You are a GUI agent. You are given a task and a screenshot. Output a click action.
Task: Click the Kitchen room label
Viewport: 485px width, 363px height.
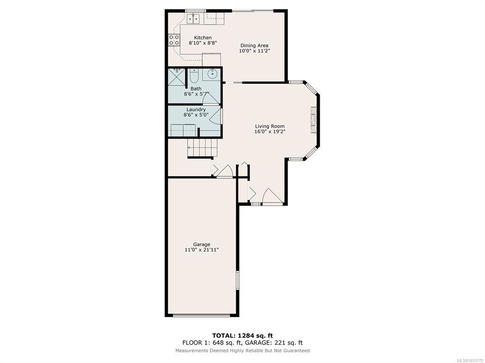[x=203, y=38]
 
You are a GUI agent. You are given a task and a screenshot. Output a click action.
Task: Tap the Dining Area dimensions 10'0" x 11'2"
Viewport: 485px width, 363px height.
[x=254, y=51]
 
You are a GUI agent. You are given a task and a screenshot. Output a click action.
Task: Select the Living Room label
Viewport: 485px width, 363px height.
[x=269, y=126]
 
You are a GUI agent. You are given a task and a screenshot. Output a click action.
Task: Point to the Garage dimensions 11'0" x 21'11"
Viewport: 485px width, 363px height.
[x=202, y=250]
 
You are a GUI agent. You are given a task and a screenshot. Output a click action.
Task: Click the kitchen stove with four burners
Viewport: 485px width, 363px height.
[x=174, y=40]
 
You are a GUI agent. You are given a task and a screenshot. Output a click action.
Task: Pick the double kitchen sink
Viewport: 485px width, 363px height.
[x=194, y=18]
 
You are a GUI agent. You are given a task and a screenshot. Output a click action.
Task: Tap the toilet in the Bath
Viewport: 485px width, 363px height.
[x=194, y=76]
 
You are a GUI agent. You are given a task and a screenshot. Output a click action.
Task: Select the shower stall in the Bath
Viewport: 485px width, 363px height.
[x=176, y=77]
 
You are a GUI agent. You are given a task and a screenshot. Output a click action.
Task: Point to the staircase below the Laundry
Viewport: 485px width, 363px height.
[x=202, y=148]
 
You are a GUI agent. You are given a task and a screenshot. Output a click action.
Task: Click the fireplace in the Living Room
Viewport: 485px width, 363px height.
[x=314, y=120]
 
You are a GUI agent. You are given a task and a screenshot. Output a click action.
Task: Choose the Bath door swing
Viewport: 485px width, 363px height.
[x=211, y=98]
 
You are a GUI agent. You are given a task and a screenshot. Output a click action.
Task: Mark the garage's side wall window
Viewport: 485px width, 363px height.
[x=238, y=280]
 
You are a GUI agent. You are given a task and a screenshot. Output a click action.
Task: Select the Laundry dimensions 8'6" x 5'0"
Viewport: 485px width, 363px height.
[x=196, y=115]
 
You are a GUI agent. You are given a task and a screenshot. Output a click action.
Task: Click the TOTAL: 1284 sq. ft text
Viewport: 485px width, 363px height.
[x=242, y=336]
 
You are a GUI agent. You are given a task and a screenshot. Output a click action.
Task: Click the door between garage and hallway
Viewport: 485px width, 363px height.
[x=225, y=172]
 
